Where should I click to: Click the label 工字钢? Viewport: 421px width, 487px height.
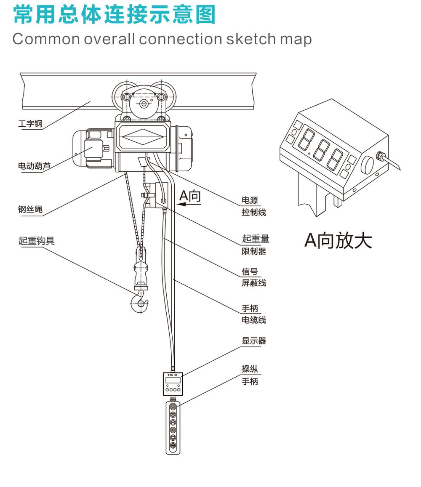click(30, 124)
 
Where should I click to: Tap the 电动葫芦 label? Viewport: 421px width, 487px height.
click(34, 166)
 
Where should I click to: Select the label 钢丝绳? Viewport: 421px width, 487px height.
click(30, 209)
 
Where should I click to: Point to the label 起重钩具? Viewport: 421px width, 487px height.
click(36, 241)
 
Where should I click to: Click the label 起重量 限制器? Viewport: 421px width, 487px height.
click(255, 245)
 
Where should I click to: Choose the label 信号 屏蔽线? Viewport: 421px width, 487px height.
click(253, 277)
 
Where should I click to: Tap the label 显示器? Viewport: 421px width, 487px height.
click(254, 341)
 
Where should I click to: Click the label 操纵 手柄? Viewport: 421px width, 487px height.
click(250, 375)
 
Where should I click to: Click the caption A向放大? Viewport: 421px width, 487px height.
click(338, 240)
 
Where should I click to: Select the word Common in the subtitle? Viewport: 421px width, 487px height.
click(46, 39)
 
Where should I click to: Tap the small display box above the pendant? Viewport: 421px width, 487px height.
click(173, 383)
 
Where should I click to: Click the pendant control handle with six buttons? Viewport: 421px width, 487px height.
click(173, 428)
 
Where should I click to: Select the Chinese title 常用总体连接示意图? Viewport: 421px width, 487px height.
click(115, 15)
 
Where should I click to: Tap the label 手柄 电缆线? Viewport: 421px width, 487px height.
click(253, 314)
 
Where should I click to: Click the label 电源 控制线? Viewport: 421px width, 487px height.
click(253, 206)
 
